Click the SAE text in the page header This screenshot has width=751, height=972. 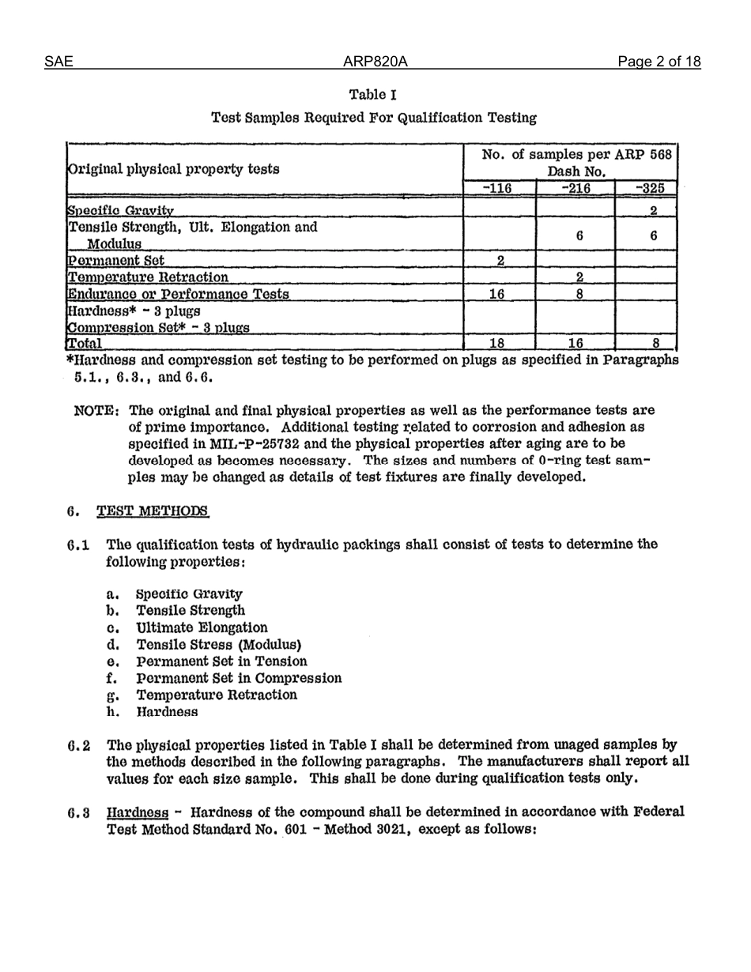pos(58,62)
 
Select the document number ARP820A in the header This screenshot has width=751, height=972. pos(375,62)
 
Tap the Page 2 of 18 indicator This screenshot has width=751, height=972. pos(659,62)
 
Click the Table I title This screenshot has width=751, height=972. pos(373,95)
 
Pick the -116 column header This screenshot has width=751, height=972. pos(497,188)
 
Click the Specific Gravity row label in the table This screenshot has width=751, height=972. pos(121,210)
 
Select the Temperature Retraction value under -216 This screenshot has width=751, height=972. pos(579,277)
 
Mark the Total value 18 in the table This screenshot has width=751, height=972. pos(497,343)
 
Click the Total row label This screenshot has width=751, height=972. pos(85,343)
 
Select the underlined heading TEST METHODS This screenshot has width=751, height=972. pos(153,511)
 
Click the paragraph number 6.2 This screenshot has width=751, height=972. pos(79,745)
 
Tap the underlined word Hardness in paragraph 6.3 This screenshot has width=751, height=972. pos(138,812)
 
